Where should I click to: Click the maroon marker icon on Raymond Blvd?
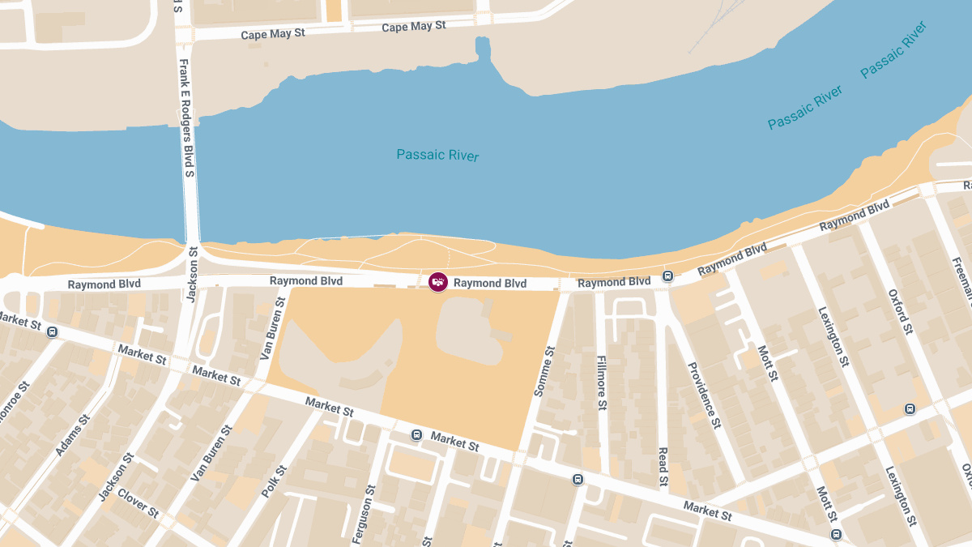point(437,282)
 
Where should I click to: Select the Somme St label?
point(543,372)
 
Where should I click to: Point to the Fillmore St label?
point(601,382)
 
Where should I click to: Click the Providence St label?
point(703,395)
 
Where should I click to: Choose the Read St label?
point(663,468)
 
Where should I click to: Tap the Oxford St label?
point(900,312)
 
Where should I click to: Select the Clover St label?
point(138,502)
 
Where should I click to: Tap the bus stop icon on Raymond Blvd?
point(667,276)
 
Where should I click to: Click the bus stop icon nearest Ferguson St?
point(416,434)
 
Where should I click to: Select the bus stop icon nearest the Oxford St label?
point(909,408)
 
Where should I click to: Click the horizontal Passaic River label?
point(437,155)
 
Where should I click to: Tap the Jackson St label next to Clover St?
point(114,483)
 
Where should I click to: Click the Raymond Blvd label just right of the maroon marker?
point(489,284)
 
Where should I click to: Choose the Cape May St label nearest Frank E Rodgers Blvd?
point(273,35)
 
